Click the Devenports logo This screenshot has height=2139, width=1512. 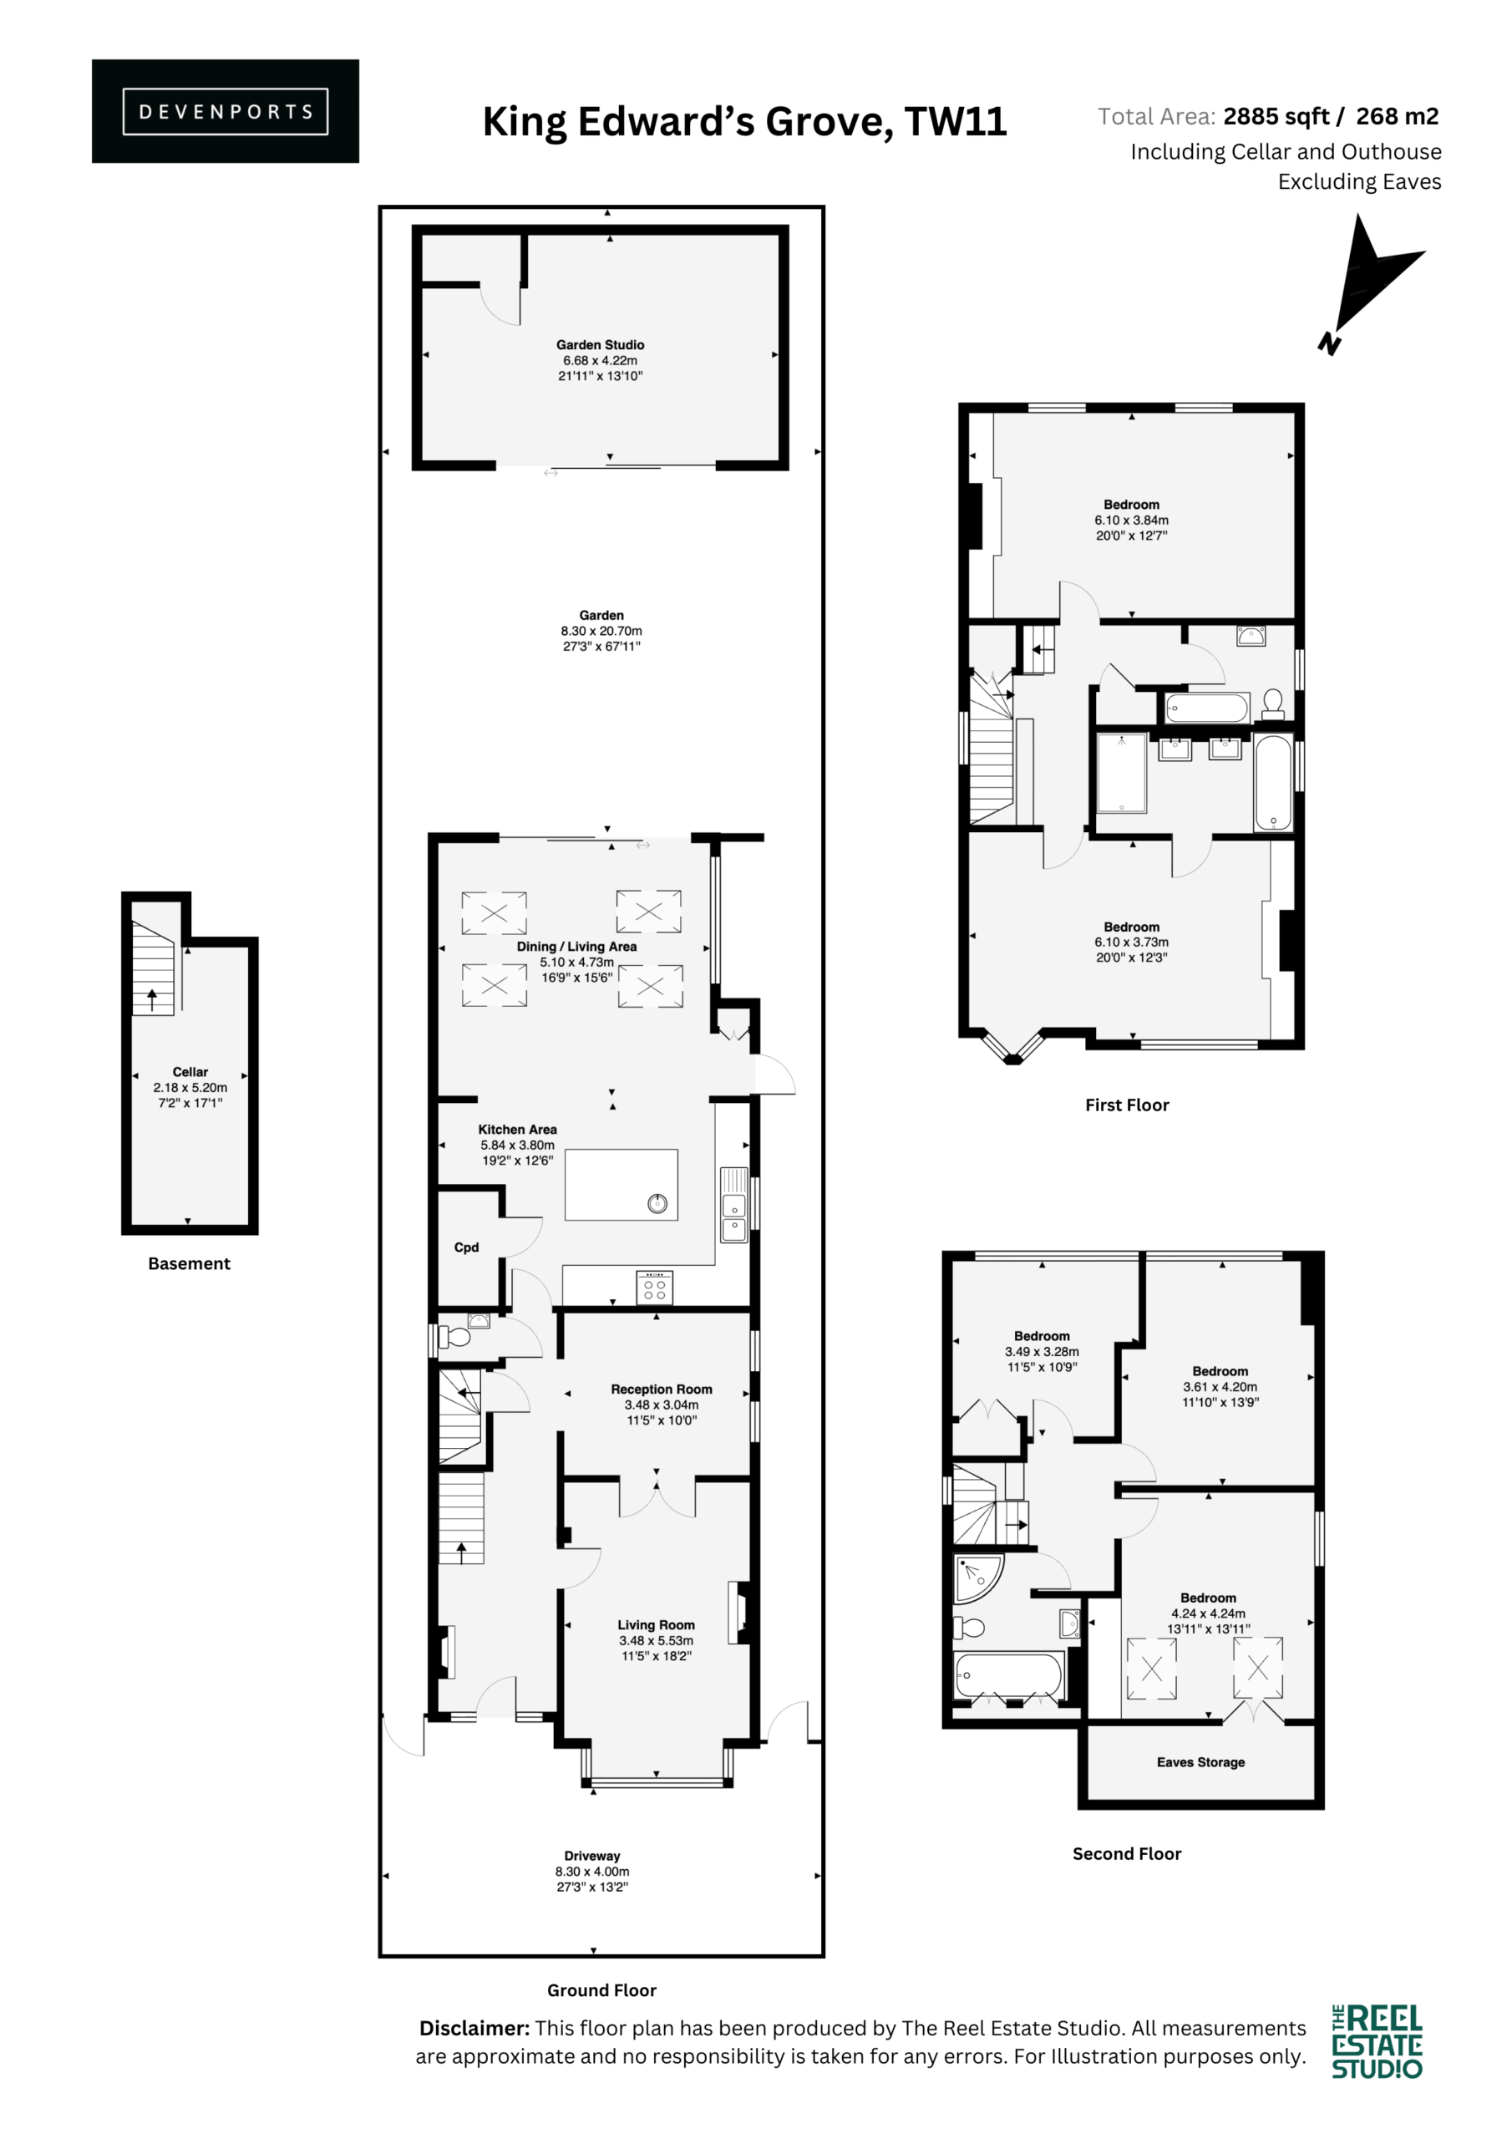click(225, 111)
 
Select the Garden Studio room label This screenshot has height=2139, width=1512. click(600, 345)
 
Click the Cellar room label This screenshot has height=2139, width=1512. click(190, 1071)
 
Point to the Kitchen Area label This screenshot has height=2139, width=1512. click(517, 1129)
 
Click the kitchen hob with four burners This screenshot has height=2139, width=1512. click(654, 1287)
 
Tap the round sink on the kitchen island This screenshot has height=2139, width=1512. click(657, 1204)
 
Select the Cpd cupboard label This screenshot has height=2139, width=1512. click(466, 1247)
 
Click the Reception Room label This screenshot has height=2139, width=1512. click(662, 1389)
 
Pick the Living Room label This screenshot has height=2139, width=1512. click(656, 1625)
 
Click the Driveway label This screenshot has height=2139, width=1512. click(591, 1856)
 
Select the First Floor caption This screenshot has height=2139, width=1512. click(1126, 1105)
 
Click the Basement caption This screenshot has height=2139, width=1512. click(189, 1263)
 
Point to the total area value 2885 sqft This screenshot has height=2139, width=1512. click(1276, 116)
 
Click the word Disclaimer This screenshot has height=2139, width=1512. click(474, 2028)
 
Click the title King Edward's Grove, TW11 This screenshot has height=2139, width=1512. click(744, 122)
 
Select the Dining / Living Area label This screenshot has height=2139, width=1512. click(576, 947)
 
